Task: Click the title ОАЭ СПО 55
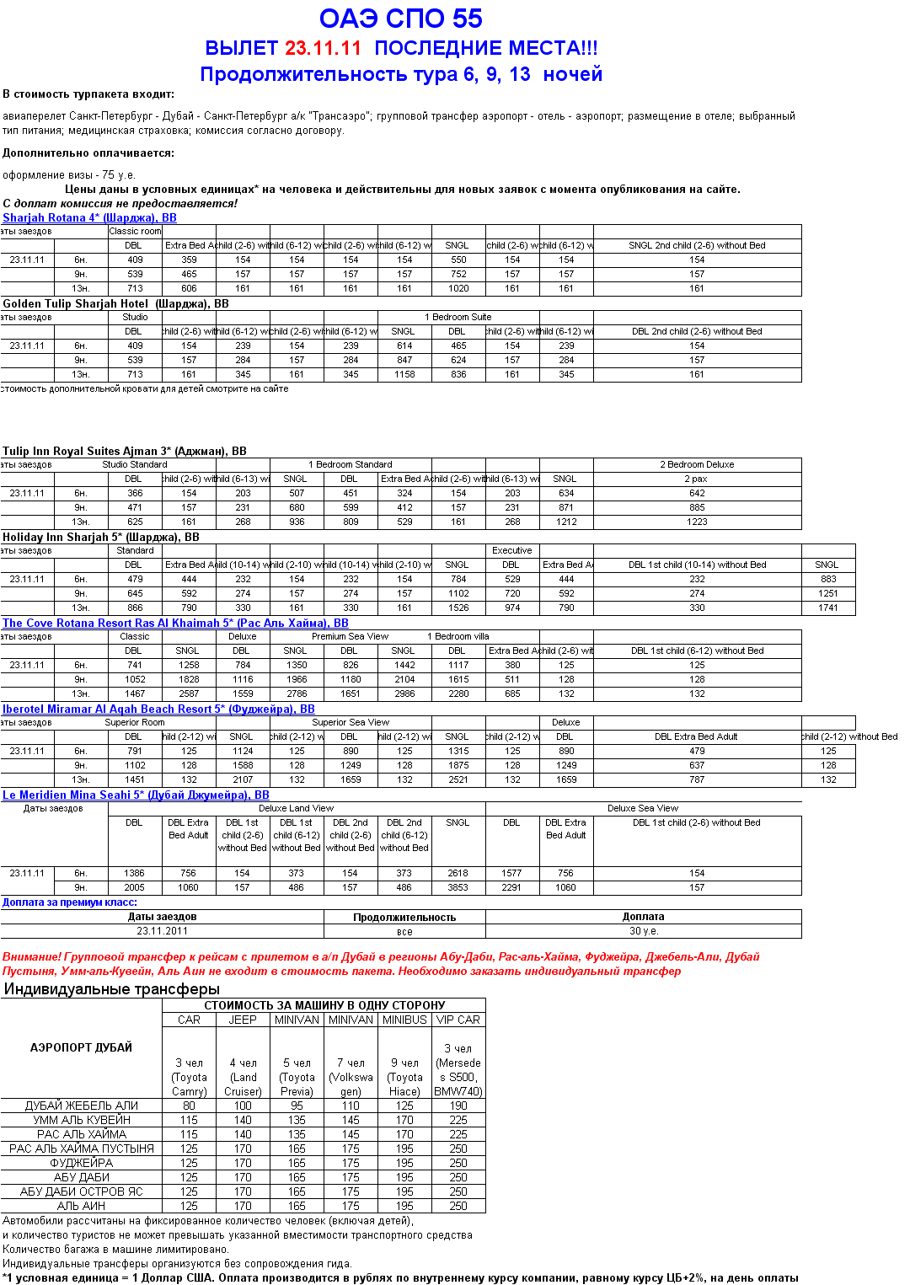point(401,19)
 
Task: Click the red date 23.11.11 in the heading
point(323,48)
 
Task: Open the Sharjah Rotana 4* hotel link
point(89,217)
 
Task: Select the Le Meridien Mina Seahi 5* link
point(136,795)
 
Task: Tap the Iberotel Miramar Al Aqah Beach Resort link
point(158,709)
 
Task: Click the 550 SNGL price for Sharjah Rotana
point(458,260)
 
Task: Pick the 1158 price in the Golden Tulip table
point(404,374)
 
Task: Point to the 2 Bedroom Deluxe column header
point(697,464)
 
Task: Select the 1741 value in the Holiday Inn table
point(828,608)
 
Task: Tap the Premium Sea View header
point(350,636)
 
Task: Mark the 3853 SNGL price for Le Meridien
point(458,887)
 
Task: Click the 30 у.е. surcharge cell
point(644,931)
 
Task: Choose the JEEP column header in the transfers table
point(243,1020)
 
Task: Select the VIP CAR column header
point(458,1020)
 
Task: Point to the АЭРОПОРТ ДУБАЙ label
point(81,1047)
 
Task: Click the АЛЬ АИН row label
point(81,1206)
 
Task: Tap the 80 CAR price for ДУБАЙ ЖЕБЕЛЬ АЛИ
point(189,1106)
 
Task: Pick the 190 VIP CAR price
point(458,1106)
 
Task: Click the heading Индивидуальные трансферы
point(111,989)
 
